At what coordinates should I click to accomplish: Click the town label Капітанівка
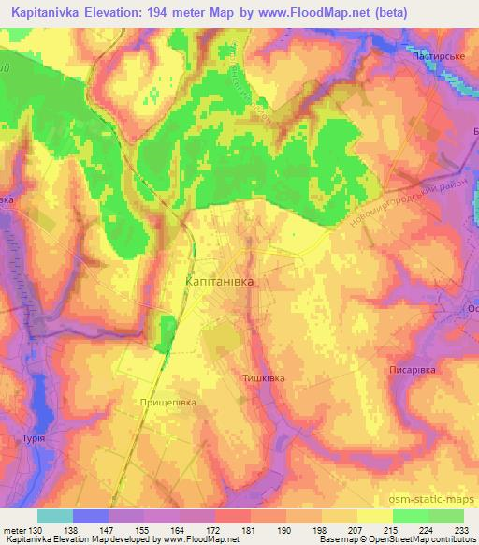[219, 280]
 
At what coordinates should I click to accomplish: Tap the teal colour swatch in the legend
[55, 516]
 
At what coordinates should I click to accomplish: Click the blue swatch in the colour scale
[91, 516]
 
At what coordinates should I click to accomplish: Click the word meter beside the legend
[14, 531]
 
